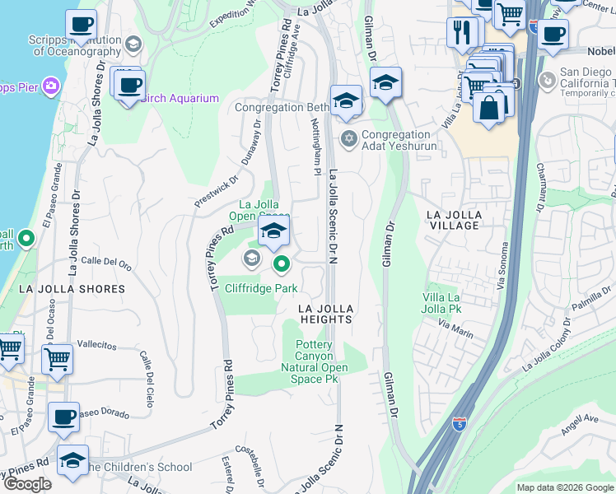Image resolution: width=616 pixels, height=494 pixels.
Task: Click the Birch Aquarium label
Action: (x=180, y=99)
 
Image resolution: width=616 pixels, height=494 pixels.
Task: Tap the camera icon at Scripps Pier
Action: (x=51, y=86)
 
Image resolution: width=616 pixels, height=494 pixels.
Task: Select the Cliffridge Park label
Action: (x=261, y=289)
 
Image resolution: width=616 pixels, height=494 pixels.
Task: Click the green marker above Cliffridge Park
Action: (x=282, y=264)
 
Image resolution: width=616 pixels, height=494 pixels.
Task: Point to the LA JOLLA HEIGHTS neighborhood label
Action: (x=325, y=313)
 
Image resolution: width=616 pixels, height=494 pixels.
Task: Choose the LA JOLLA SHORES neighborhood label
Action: (x=72, y=289)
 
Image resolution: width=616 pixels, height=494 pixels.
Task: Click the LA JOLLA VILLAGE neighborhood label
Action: (x=453, y=221)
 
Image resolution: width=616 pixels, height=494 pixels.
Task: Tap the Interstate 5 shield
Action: (x=460, y=425)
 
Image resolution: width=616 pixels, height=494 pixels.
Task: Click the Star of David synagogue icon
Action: (x=349, y=137)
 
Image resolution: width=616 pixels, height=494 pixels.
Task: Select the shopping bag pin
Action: (x=489, y=108)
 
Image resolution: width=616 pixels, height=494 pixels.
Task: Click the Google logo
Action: (x=28, y=483)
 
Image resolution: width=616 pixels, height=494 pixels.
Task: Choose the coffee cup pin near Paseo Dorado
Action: (x=63, y=417)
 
